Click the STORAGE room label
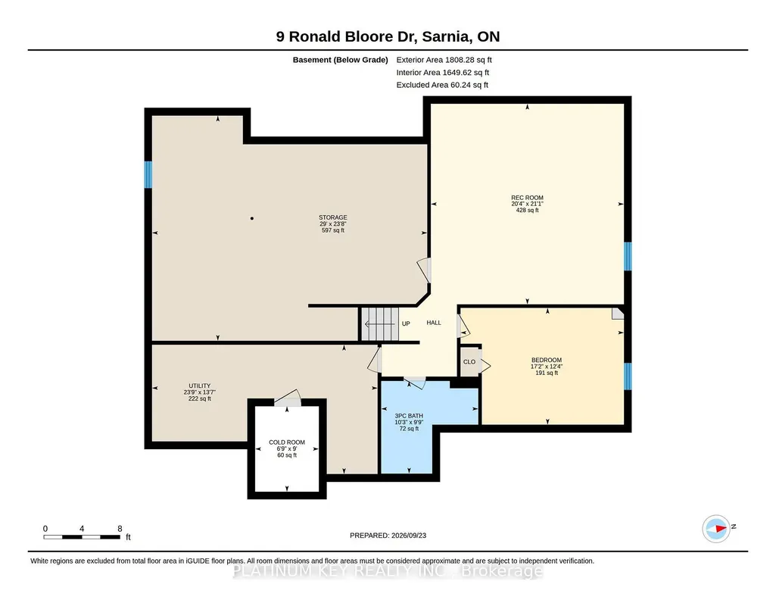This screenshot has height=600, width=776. coord(332,217)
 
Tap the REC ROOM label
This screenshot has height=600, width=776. coord(527,198)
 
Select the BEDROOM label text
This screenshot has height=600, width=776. coord(547,360)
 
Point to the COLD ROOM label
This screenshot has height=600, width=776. coord(286,442)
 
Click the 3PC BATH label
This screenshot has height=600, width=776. coord(409,416)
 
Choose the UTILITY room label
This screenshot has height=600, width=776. coord(199,386)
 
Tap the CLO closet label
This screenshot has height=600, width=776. coord(469,362)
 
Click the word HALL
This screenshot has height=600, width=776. coord(434,323)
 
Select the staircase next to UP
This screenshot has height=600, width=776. coord(379,324)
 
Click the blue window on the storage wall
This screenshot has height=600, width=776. coord(148,175)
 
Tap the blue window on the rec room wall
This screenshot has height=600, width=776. coord(628,256)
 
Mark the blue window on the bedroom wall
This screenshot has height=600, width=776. coord(628,377)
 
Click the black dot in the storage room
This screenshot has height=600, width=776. coord(252,218)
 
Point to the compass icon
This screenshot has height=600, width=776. coord(717,529)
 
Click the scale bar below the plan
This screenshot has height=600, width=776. coord(82,536)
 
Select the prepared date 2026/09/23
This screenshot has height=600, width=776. coord(408,535)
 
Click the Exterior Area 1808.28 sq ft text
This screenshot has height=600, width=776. coord(444,60)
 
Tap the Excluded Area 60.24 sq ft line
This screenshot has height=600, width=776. coord(442,85)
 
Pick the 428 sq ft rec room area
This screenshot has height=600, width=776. coord(527,210)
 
